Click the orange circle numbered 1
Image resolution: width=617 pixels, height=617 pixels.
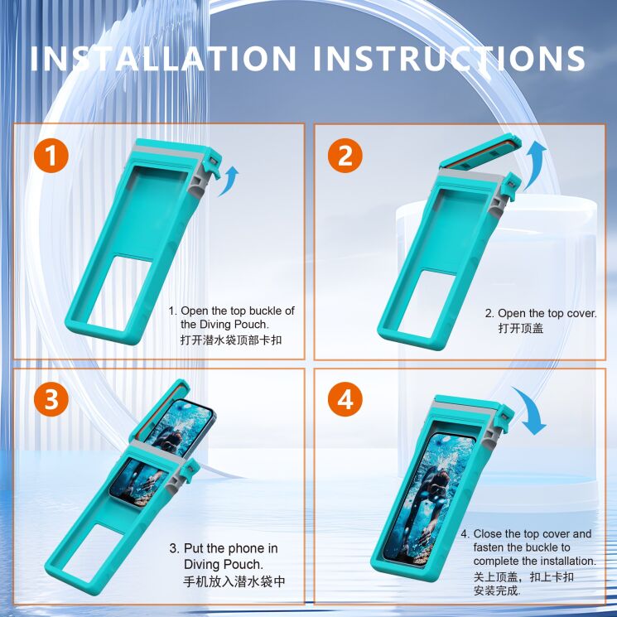tap(51, 157)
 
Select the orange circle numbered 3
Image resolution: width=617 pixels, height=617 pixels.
tap(51, 400)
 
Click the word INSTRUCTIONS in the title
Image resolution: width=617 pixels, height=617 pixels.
tap(451, 59)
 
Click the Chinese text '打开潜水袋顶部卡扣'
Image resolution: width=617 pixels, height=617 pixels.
tap(236, 340)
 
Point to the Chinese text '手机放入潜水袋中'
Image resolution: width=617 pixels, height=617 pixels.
tap(234, 581)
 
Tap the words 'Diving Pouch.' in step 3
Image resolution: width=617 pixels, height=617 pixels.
tap(216, 564)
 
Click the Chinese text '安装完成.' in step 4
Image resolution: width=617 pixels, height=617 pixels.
tap(497, 591)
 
